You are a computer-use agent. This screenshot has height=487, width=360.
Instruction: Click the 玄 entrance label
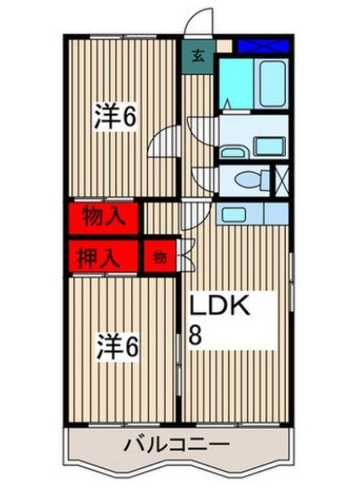point(197,55)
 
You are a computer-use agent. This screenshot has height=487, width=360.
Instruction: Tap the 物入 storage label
point(102,215)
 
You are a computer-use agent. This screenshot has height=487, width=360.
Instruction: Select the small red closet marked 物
point(159,257)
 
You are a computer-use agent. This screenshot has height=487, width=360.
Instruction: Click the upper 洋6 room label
point(116,117)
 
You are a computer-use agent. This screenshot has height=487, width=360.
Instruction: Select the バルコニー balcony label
point(176,445)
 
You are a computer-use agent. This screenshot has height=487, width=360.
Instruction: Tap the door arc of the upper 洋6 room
point(164,141)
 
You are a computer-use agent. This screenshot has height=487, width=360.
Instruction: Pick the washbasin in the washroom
point(265,146)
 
